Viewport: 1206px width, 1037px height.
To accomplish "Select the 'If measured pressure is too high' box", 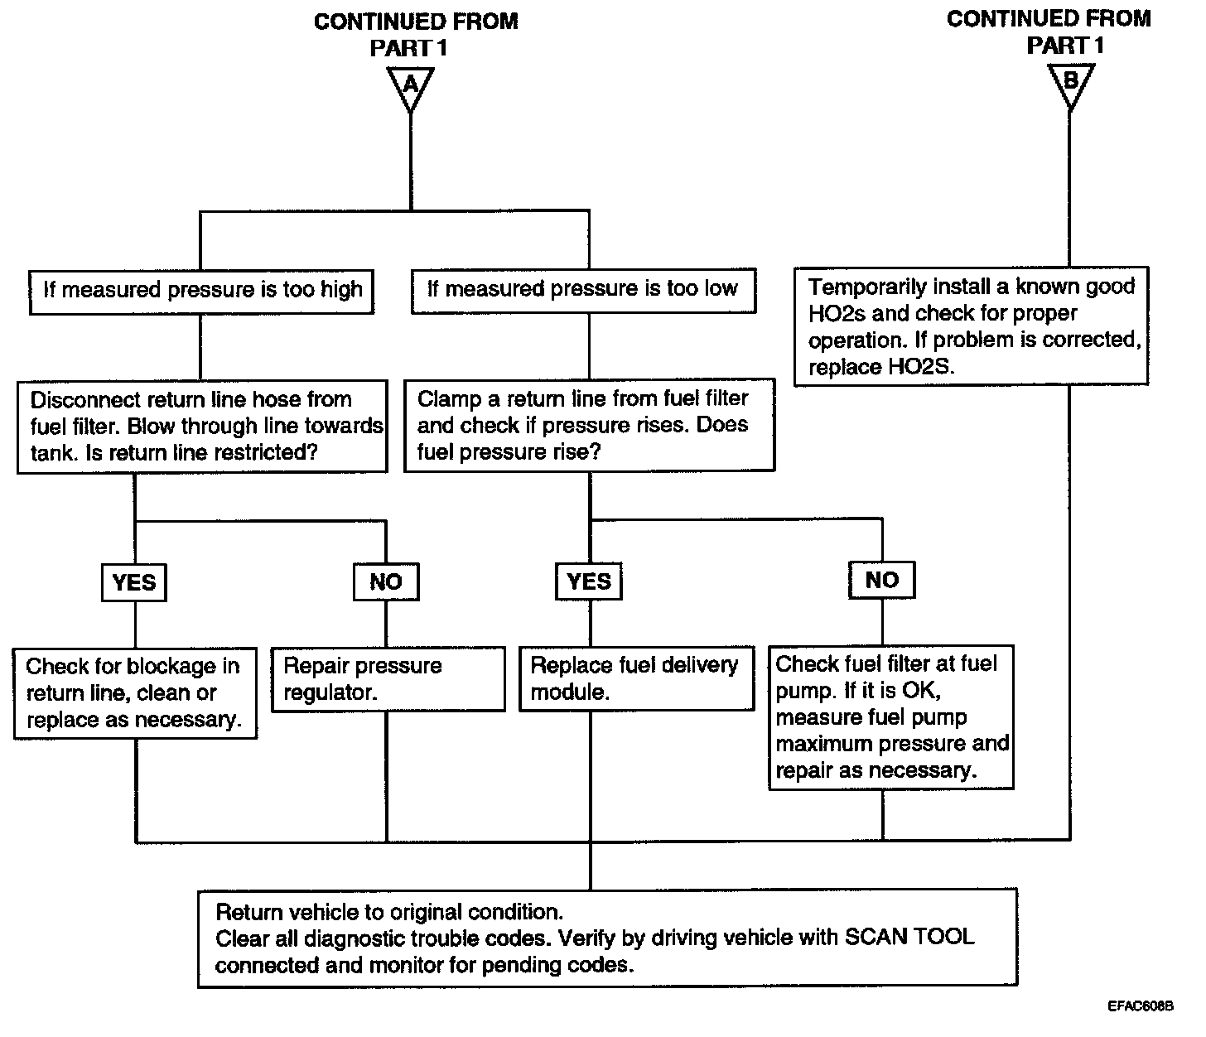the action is point(202,292).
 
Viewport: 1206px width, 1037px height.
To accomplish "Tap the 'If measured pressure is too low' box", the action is point(583,291).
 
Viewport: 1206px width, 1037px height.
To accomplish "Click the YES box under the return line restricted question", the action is point(134,582).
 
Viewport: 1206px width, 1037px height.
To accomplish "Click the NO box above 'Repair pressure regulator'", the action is point(386,581).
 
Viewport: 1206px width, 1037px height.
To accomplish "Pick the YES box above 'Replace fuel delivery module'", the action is point(589,581).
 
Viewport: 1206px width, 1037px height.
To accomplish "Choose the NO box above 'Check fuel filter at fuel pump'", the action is point(882,580).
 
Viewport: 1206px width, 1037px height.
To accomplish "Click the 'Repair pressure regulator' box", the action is point(388,678).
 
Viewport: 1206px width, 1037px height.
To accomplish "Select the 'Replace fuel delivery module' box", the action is point(637,678).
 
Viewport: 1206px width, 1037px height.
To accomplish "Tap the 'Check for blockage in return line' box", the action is point(135,693).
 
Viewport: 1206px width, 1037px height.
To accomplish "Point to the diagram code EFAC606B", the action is point(1141,1006).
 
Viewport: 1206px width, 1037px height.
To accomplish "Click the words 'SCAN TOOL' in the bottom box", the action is point(909,937).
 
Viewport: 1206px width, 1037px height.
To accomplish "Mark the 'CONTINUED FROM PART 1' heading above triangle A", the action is point(416,35).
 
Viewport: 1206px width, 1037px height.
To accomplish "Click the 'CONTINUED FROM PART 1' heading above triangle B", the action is point(1049,32).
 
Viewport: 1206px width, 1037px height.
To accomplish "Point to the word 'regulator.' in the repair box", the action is point(330,692).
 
